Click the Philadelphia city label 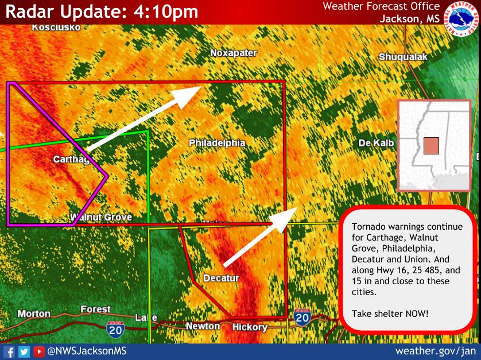[217, 143]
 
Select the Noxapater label [234, 53]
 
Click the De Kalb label [377, 143]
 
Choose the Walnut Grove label [101, 217]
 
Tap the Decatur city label [221, 278]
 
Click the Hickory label [250, 327]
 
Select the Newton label [203, 326]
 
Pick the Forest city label [95, 309]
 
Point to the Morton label [34, 313]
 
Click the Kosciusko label [56, 27]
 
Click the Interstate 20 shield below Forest [114, 330]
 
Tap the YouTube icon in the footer [39, 351]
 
